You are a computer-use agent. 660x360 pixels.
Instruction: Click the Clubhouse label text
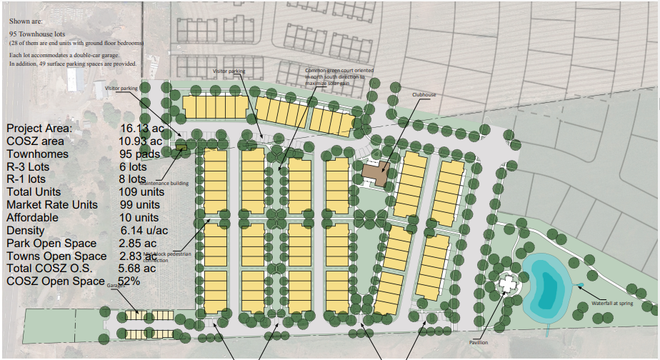pos(424,94)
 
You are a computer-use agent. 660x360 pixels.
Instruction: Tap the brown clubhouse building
pos(374,174)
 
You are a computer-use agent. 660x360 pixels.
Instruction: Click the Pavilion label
pos(479,342)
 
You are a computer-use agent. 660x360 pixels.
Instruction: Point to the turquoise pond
pos(546,289)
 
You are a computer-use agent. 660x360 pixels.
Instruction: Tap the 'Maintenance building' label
pos(170,184)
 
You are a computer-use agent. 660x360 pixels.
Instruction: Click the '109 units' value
pos(142,192)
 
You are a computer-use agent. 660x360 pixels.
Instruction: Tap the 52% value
pos(129,281)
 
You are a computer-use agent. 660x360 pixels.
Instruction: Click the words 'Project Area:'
pos(39,128)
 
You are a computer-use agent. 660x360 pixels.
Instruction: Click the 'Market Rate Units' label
pos(52,205)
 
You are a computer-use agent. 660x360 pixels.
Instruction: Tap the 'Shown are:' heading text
pos(24,21)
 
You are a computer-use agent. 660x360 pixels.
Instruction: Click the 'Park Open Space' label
pos(51,244)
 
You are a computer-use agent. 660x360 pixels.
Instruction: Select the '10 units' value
pos(139,218)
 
